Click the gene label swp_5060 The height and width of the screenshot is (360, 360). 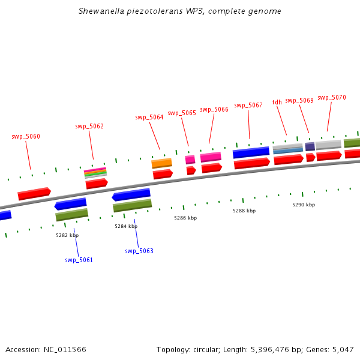coord(26,137)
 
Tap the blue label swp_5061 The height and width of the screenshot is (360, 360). coord(79,260)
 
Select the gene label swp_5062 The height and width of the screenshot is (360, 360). coord(89,127)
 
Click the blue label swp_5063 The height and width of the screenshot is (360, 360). coord(139,251)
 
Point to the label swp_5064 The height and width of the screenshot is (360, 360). coord(149,118)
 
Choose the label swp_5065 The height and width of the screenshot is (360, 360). coord(182,113)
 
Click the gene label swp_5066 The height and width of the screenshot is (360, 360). coord(214,110)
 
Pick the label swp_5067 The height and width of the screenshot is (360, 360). coord(248,106)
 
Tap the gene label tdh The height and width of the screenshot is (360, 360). coord(277,103)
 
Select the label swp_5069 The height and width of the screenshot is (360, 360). coord(299,101)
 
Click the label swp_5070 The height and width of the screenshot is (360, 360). coord(331,97)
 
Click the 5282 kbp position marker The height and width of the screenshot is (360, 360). coord(67,236)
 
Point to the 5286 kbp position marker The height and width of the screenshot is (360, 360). coord(185,218)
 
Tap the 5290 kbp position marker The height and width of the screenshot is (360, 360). coord(304,205)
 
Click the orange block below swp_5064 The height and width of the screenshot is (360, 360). coord(161,163)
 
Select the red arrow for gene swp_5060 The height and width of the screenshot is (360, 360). coord(34,194)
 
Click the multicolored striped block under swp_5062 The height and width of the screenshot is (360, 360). coord(95,173)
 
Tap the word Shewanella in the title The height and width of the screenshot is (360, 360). coord(100,11)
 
